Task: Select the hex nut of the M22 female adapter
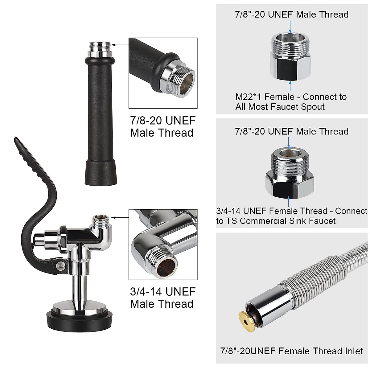tap(290, 65)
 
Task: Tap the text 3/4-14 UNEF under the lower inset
tap(163, 292)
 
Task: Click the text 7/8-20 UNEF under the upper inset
tap(163, 121)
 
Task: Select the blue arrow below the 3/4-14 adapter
tap(289, 202)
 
